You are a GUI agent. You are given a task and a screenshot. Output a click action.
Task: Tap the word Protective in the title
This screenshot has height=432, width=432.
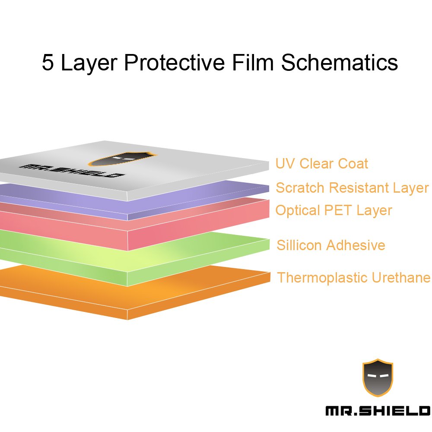174,62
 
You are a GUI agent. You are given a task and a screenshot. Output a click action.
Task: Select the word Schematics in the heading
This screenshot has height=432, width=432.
339,62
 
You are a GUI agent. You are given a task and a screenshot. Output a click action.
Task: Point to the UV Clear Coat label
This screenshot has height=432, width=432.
322,164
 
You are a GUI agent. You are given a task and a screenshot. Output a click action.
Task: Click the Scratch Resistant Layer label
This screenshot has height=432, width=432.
352,188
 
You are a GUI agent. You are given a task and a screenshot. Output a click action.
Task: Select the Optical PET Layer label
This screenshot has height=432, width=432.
334,210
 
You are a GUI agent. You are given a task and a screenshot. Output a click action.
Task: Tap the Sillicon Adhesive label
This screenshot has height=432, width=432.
330,245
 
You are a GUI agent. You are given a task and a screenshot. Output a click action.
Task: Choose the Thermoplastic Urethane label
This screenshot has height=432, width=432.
353,277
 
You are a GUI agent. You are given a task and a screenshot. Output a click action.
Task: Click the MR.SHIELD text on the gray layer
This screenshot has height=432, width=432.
71,171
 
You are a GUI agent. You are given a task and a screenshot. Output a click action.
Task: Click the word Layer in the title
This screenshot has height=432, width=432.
89,62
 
